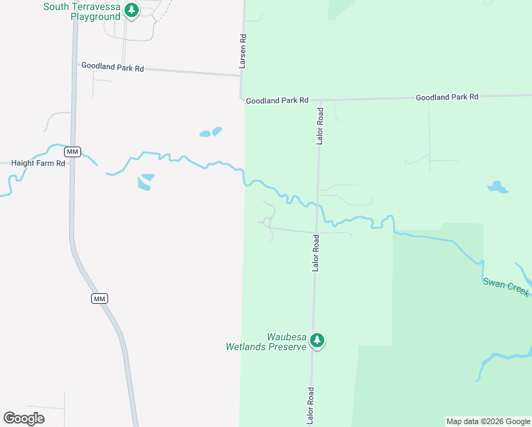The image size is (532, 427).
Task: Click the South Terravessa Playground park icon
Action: tap(131, 10)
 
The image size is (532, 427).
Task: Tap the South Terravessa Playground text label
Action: tap(82, 11)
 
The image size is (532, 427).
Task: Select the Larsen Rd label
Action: tap(243, 51)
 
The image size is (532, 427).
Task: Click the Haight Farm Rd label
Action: tap(38, 163)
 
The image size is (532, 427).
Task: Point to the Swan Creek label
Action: tap(506, 288)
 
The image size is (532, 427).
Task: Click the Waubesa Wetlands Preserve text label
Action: tap(266, 342)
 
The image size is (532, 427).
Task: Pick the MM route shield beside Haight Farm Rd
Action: tap(72, 152)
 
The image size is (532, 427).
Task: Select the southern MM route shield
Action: tap(100, 298)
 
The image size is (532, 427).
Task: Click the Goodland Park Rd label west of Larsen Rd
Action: tap(112, 67)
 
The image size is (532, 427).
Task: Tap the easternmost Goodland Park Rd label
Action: tap(447, 97)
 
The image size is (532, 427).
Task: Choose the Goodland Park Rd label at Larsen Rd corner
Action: tap(277, 101)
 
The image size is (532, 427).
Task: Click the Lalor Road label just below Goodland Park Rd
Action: tap(320, 127)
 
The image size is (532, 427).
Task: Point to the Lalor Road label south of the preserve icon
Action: tap(310, 406)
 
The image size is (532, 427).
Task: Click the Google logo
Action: tap(23, 418)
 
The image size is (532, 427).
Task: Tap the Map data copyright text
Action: tap(488, 421)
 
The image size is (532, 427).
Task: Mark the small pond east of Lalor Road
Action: tap(498, 187)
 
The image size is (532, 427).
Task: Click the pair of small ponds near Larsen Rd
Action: tap(211, 132)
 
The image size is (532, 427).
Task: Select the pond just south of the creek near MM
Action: tap(146, 181)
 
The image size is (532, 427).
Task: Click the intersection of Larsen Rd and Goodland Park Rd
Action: tap(240, 97)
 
